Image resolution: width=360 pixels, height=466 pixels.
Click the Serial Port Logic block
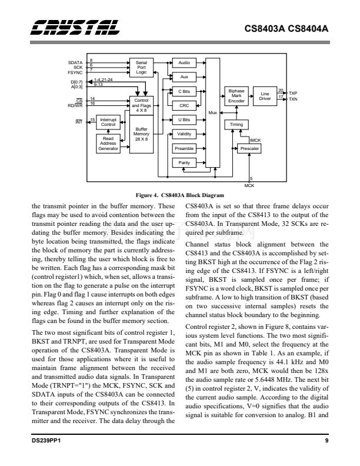pos(141,66)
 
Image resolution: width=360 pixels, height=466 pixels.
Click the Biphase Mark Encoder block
pos(236,96)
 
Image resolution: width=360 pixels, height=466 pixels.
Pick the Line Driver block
pos(265,96)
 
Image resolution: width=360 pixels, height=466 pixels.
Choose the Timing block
pos(236,125)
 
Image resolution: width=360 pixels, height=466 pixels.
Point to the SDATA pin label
pos(75,62)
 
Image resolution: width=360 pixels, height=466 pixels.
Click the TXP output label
pos(293,93)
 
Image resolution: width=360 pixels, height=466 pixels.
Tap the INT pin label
pos(78,121)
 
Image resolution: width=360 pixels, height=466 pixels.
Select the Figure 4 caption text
pos(179,195)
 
